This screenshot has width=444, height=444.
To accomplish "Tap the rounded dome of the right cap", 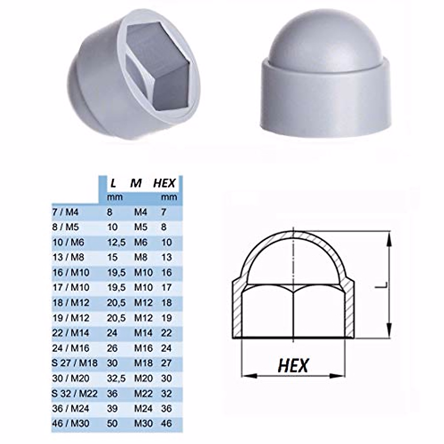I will tap(305, 41).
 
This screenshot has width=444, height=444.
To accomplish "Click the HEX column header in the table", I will tap(164, 183).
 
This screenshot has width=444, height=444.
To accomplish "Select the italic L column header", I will tap(113, 183).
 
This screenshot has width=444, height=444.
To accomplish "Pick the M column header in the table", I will tap(136, 183).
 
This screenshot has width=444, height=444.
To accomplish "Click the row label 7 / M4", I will tap(65, 212).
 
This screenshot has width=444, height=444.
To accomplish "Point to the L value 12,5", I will tap(116, 242).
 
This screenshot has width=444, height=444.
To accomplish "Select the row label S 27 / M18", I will tap(75, 363).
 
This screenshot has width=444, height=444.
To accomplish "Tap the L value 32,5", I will tap(116, 378).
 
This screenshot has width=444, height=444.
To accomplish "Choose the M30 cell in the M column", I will tap(143, 423).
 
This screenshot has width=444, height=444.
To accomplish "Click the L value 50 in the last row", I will tap(112, 423).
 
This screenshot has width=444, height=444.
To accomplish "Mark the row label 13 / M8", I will tap(68, 258).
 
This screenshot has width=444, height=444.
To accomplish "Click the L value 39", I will tap(112, 408).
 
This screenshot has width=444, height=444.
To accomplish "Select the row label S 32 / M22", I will tap(75, 393).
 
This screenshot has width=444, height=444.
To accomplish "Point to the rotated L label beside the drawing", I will tap(385, 285).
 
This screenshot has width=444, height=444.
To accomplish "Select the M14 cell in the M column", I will tap(143, 333).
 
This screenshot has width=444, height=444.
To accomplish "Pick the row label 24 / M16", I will tap(71, 348).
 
